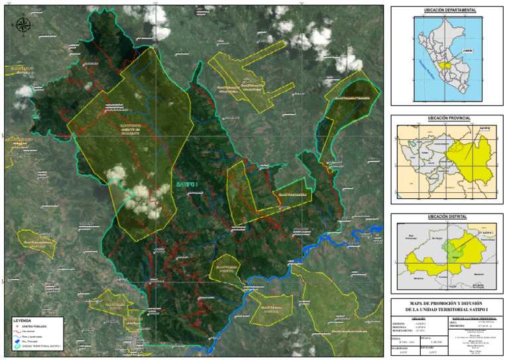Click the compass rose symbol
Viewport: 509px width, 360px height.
pos(23,25)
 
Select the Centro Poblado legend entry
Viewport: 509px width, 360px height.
pos(34,327)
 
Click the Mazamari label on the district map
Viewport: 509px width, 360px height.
pos(480,272)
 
